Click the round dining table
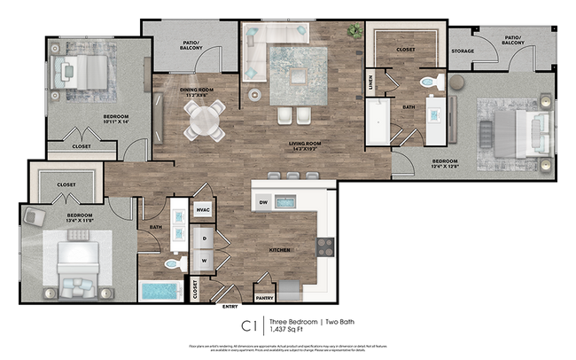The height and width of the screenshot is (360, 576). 205,119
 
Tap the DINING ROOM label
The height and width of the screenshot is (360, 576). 200,90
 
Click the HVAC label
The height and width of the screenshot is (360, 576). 202,209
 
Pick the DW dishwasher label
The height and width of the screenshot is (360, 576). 263,202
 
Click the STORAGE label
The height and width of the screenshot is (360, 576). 463,51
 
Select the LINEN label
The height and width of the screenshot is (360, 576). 370,83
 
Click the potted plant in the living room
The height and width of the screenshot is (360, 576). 354,32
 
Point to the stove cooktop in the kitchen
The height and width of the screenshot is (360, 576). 325,247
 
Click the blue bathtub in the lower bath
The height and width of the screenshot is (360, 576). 161,291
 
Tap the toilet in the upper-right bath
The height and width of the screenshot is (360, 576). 432,83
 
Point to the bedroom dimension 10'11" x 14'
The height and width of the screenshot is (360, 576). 115,122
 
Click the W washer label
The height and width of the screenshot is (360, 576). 204,261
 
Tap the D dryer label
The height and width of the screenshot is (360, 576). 204,239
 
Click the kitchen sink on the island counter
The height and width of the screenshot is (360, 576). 284,202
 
